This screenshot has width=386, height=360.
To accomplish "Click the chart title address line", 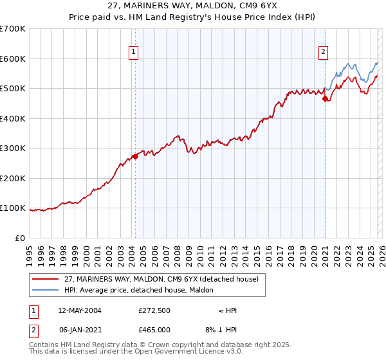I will [x=193, y=5].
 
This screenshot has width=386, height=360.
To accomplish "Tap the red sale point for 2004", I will [x=135, y=156].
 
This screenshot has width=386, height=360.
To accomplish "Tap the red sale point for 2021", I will [x=326, y=99].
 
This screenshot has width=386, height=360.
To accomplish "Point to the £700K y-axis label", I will [x=13, y=29].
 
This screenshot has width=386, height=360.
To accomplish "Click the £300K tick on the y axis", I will [x=13, y=148].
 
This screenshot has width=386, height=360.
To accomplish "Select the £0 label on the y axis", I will [x=19, y=238].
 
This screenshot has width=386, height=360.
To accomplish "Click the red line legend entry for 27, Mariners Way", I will [x=161, y=279].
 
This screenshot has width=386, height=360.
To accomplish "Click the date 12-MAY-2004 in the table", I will [x=79, y=310].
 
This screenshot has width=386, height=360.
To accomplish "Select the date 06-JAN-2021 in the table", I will [x=79, y=329].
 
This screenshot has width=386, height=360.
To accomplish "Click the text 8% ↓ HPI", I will [x=219, y=329].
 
